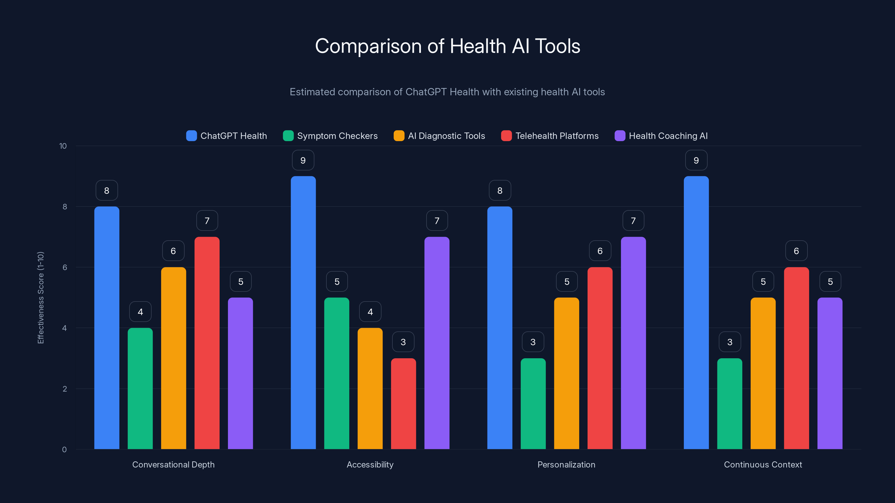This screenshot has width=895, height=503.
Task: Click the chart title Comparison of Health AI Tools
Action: coord(447,46)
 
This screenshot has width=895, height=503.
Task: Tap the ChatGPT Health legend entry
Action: coord(227,136)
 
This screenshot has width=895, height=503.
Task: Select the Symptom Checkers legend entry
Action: coord(330,136)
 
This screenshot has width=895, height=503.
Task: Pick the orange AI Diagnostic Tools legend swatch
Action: coord(399,136)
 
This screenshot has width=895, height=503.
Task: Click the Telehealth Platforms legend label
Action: coord(557,136)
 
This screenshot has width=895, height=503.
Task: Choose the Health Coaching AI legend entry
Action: coord(661,136)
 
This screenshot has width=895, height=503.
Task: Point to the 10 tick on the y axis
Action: coord(63,146)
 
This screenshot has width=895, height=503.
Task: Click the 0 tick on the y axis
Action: coord(64,450)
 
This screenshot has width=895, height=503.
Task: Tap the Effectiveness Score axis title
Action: coord(41,298)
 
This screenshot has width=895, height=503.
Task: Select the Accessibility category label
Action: coord(370,464)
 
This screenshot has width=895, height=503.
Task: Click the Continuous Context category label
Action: coord(763,464)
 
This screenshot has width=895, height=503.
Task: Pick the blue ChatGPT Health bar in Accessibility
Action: coord(303,312)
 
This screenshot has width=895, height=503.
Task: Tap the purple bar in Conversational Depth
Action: coord(241,373)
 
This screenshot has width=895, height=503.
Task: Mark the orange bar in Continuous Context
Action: coord(763,373)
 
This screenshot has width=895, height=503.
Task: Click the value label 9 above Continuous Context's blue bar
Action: coord(696,160)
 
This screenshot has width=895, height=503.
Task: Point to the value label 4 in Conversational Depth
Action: coord(140,312)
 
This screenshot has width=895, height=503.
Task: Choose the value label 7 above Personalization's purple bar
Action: coord(633,221)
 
